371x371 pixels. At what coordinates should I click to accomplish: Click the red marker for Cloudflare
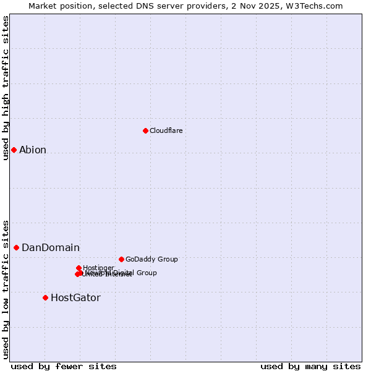(145, 130)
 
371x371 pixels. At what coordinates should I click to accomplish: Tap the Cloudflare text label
(166, 130)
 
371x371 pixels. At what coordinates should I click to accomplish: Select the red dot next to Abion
(14, 150)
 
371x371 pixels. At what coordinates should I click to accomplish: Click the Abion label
(33, 150)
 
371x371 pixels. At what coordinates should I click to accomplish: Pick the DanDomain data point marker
(16, 247)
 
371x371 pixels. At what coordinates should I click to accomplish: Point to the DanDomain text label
(51, 247)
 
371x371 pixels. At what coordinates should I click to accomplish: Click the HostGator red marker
(45, 297)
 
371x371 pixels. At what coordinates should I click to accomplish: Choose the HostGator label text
(75, 297)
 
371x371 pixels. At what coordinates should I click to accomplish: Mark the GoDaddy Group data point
(121, 259)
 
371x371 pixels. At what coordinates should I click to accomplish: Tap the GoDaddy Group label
(151, 259)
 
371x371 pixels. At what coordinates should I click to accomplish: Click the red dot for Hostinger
(79, 268)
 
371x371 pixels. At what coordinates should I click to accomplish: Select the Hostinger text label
(98, 268)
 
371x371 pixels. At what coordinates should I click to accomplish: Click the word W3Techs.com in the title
(317, 6)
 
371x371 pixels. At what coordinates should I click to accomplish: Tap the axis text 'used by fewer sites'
(64, 366)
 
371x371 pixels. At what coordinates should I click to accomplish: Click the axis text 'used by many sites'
(310, 366)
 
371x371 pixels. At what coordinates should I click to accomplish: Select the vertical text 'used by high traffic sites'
(6, 88)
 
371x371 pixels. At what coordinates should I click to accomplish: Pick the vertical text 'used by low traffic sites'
(6, 289)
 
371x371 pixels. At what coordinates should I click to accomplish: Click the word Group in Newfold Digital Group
(146, 273)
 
